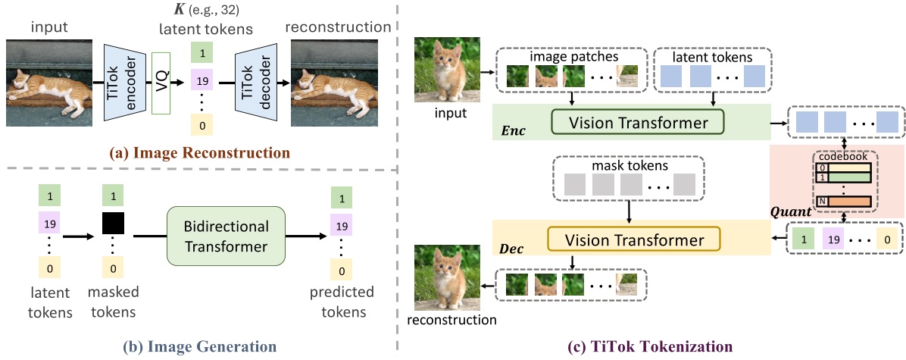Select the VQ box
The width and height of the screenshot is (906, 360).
click(x=161, y=83)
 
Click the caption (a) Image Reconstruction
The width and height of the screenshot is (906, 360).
click(x=200, y=153)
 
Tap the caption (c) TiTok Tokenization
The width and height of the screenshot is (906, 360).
click(x=650, y=347)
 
